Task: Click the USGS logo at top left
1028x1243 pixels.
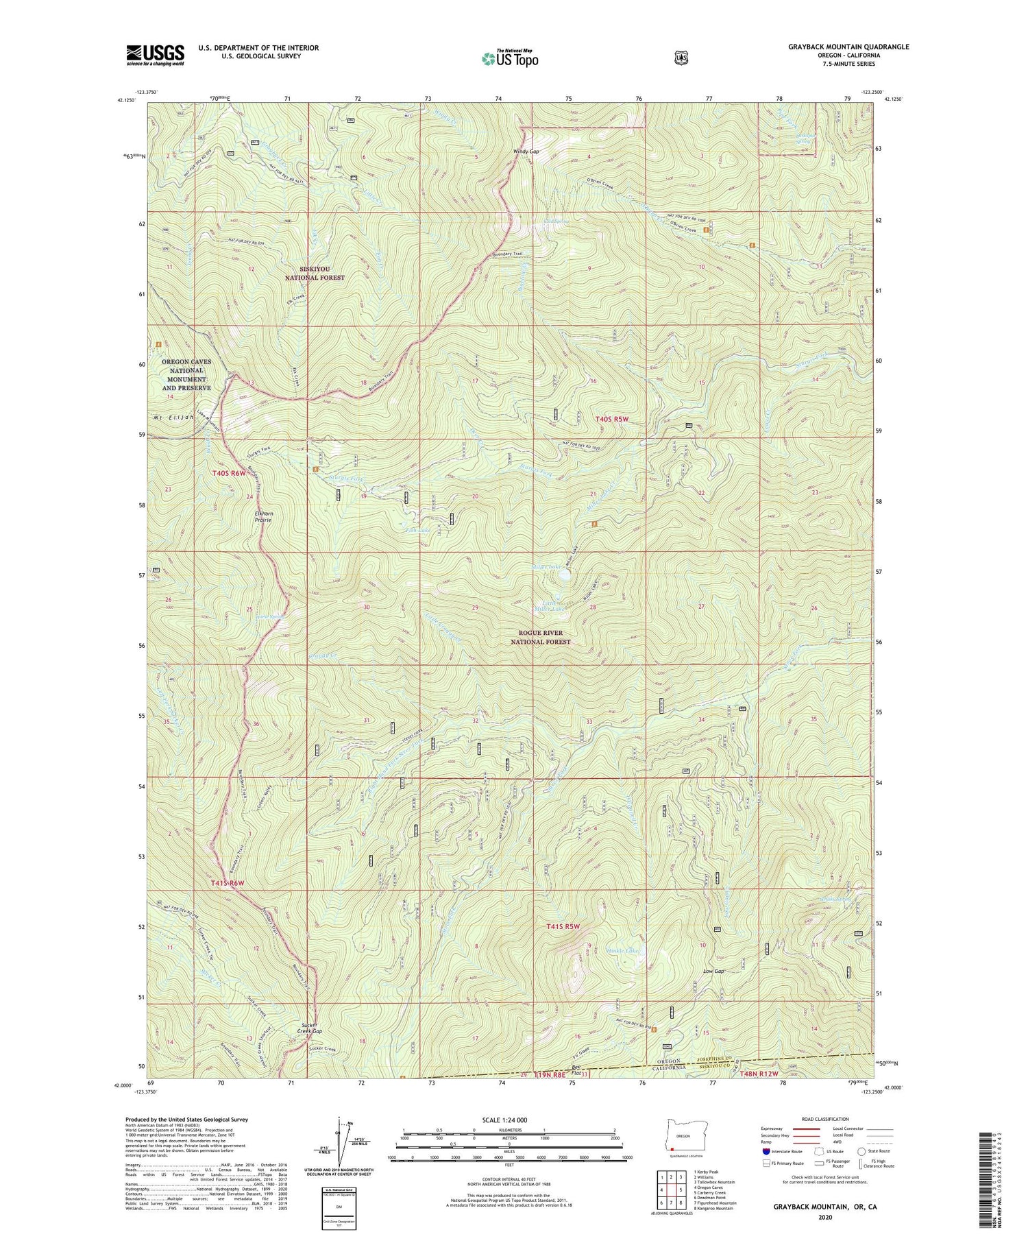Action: (155, 55)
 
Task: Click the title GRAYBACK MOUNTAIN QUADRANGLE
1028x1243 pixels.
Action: (848, 47)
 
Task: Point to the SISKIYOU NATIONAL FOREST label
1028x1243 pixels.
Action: (315, 274)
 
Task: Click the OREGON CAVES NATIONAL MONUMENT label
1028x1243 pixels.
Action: (186, 374)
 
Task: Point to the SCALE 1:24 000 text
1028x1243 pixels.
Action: (509, 1120)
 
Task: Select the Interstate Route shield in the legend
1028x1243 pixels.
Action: (766, 1151)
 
